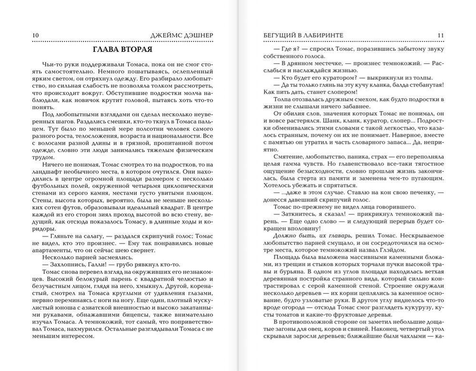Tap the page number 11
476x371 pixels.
coord(440,35)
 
